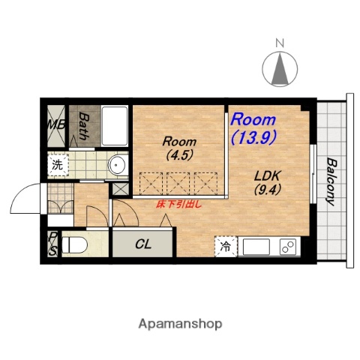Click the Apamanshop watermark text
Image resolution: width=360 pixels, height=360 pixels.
point(180,324)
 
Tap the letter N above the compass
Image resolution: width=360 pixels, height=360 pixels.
point(280,43)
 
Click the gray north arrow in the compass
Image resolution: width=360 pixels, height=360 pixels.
point(280,68)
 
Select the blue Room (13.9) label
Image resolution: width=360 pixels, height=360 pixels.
point(253,128)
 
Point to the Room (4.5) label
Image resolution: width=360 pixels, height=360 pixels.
point(179,148)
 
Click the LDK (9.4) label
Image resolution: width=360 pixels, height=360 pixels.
point(268,183)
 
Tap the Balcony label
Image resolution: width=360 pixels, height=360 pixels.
point(331,181)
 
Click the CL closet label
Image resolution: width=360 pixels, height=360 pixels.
point(143,244)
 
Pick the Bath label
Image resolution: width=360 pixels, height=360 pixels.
point(84,126)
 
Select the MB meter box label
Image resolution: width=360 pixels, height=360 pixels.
point(57,124)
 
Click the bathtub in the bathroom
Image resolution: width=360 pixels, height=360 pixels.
point(115,126)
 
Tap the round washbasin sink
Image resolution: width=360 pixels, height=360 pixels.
point(117,165)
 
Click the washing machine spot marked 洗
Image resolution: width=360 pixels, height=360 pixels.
point(58,165)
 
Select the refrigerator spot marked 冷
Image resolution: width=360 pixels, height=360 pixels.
point(226,247)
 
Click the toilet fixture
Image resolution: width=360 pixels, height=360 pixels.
point(74,245)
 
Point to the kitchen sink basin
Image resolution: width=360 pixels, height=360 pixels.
point(256,247)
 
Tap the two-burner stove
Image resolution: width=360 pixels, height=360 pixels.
point(288,247)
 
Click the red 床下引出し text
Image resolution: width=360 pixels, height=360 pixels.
point(178,205)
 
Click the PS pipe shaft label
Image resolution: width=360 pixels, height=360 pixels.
point(52,244)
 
